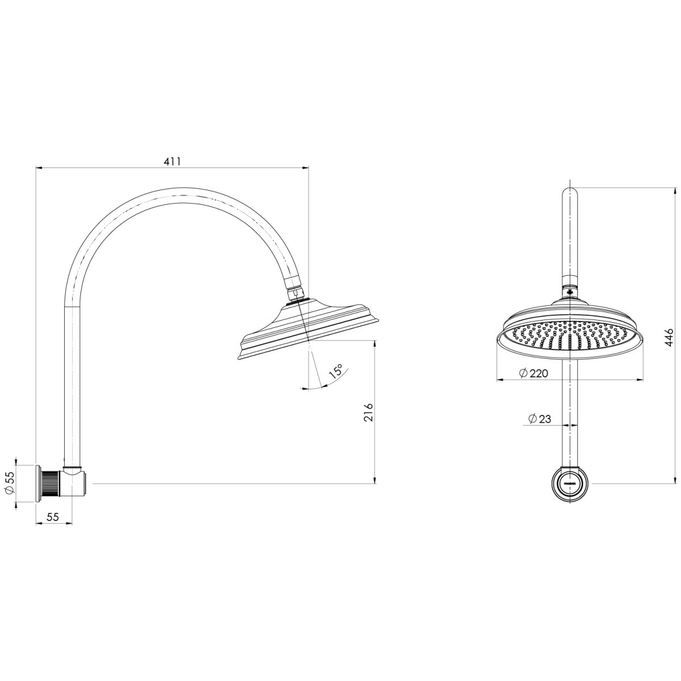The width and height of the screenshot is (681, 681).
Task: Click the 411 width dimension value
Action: tap(172, 161)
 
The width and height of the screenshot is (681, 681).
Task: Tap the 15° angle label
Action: tap(335, 372)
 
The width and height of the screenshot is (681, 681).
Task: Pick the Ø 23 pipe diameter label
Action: tap(539, 419)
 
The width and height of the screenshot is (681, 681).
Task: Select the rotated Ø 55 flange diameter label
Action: tap(10, 484)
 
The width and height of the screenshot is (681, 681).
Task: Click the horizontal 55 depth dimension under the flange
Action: tap(53, 516)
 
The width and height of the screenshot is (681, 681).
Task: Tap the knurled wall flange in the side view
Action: tap(50, 484)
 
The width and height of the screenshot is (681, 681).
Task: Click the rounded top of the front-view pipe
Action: tap(570, 193)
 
